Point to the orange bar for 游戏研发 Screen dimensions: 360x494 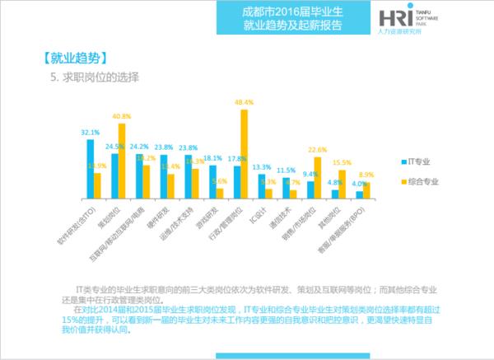[220, 193]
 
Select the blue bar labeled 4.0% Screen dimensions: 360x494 [359, 194]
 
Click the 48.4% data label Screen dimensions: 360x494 [244, 102]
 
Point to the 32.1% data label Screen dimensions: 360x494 [90, 132]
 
